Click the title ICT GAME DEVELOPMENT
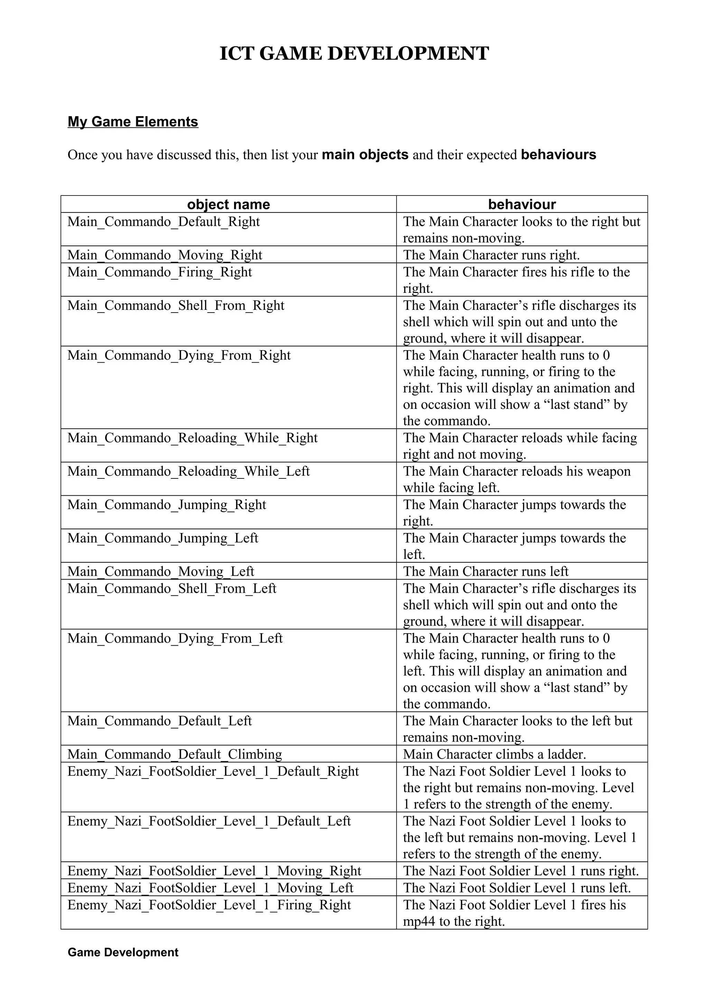click(354, 54)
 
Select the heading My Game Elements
click(133, 122)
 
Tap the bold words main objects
click(365, 155)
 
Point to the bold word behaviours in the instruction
click(558, 155)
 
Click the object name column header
click(228, 204)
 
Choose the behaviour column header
click(522, 204)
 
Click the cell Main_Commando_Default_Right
click(164, 222)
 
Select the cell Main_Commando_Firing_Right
click(160, 272)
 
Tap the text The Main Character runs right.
click(491, 255)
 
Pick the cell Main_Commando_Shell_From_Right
click(176, 306)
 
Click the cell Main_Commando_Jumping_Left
click(163, 538)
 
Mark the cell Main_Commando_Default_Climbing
click(175, 755)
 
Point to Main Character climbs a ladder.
click(494, 755)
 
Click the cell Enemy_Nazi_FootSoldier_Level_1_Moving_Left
click(210, 888)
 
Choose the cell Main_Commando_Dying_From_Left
click(175, 639)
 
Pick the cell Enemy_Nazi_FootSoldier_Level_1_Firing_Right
click(209, 905)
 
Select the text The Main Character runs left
click(485, 572)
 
